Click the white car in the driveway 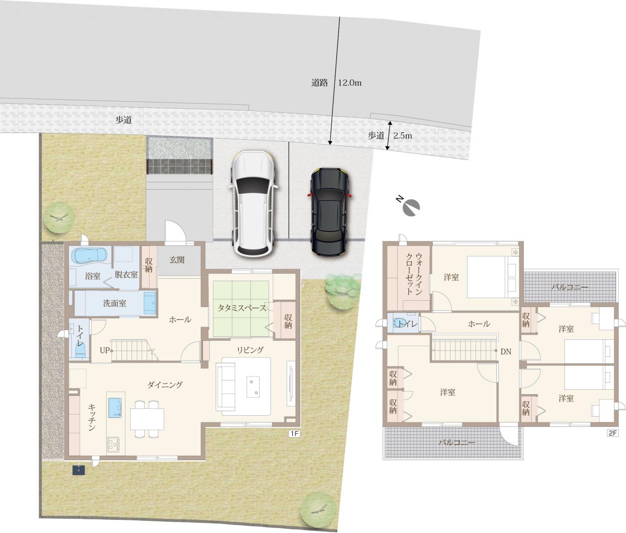pos(254,204)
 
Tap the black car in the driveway pos(330,211)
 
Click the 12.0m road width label pos(350,83)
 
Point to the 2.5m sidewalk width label pos(402,135)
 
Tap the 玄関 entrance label pos(177,260)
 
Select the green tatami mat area pos(241,309)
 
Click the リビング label pos(250,350)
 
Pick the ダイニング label pos(165,385)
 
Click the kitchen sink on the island pos(115,408)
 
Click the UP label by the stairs pos(105,351)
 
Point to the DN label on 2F pos(506,352)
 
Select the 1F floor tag pos(294,434)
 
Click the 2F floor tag pos(612,433)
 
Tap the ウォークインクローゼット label pos(414,273)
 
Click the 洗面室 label pos(114,303)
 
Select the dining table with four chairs pos(147,419)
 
